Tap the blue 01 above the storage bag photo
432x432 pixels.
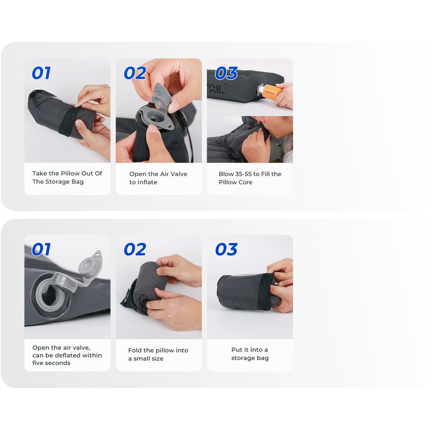pos(41,73)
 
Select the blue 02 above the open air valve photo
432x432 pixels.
pos(135,73)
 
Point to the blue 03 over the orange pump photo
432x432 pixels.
pos(226,73)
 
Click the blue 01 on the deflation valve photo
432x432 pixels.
pos(41,249)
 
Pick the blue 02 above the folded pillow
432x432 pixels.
pos(135,249)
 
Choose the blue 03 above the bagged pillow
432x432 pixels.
pos(226,249)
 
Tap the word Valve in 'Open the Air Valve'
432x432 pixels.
pos(179,174)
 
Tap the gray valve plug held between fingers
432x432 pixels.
pos(161,95)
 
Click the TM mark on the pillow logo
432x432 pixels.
pos(225,85)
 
